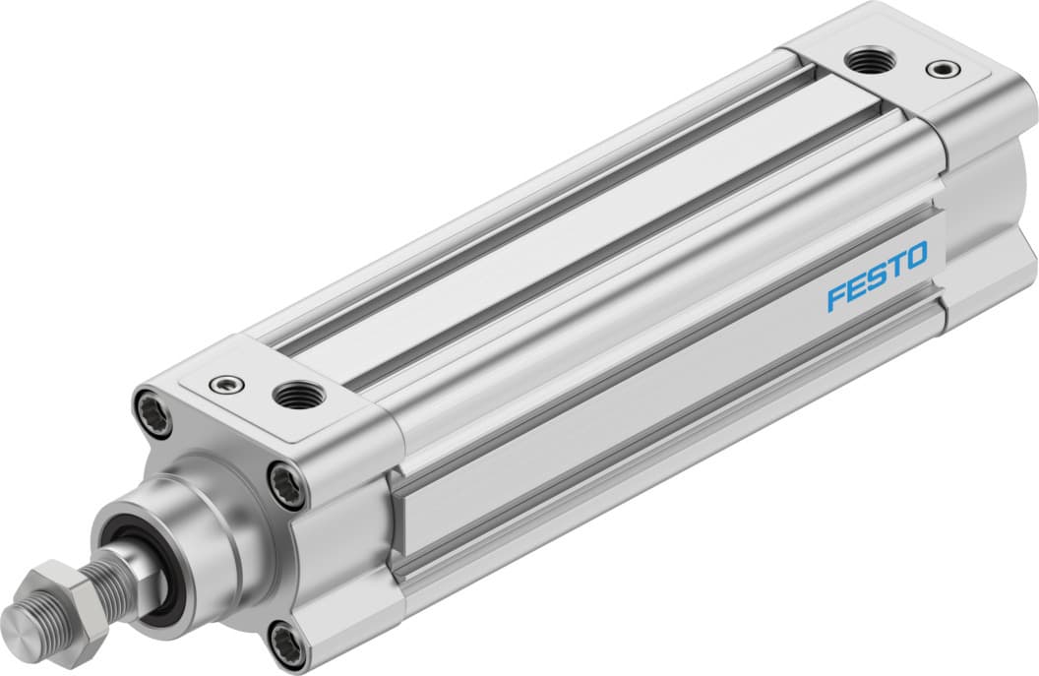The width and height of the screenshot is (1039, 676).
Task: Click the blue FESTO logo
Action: [877, 277]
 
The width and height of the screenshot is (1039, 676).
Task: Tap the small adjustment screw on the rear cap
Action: [946, 69]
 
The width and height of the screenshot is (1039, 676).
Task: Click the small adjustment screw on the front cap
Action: [227, 385]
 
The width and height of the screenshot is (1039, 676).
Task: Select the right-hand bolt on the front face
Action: [287, 486]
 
